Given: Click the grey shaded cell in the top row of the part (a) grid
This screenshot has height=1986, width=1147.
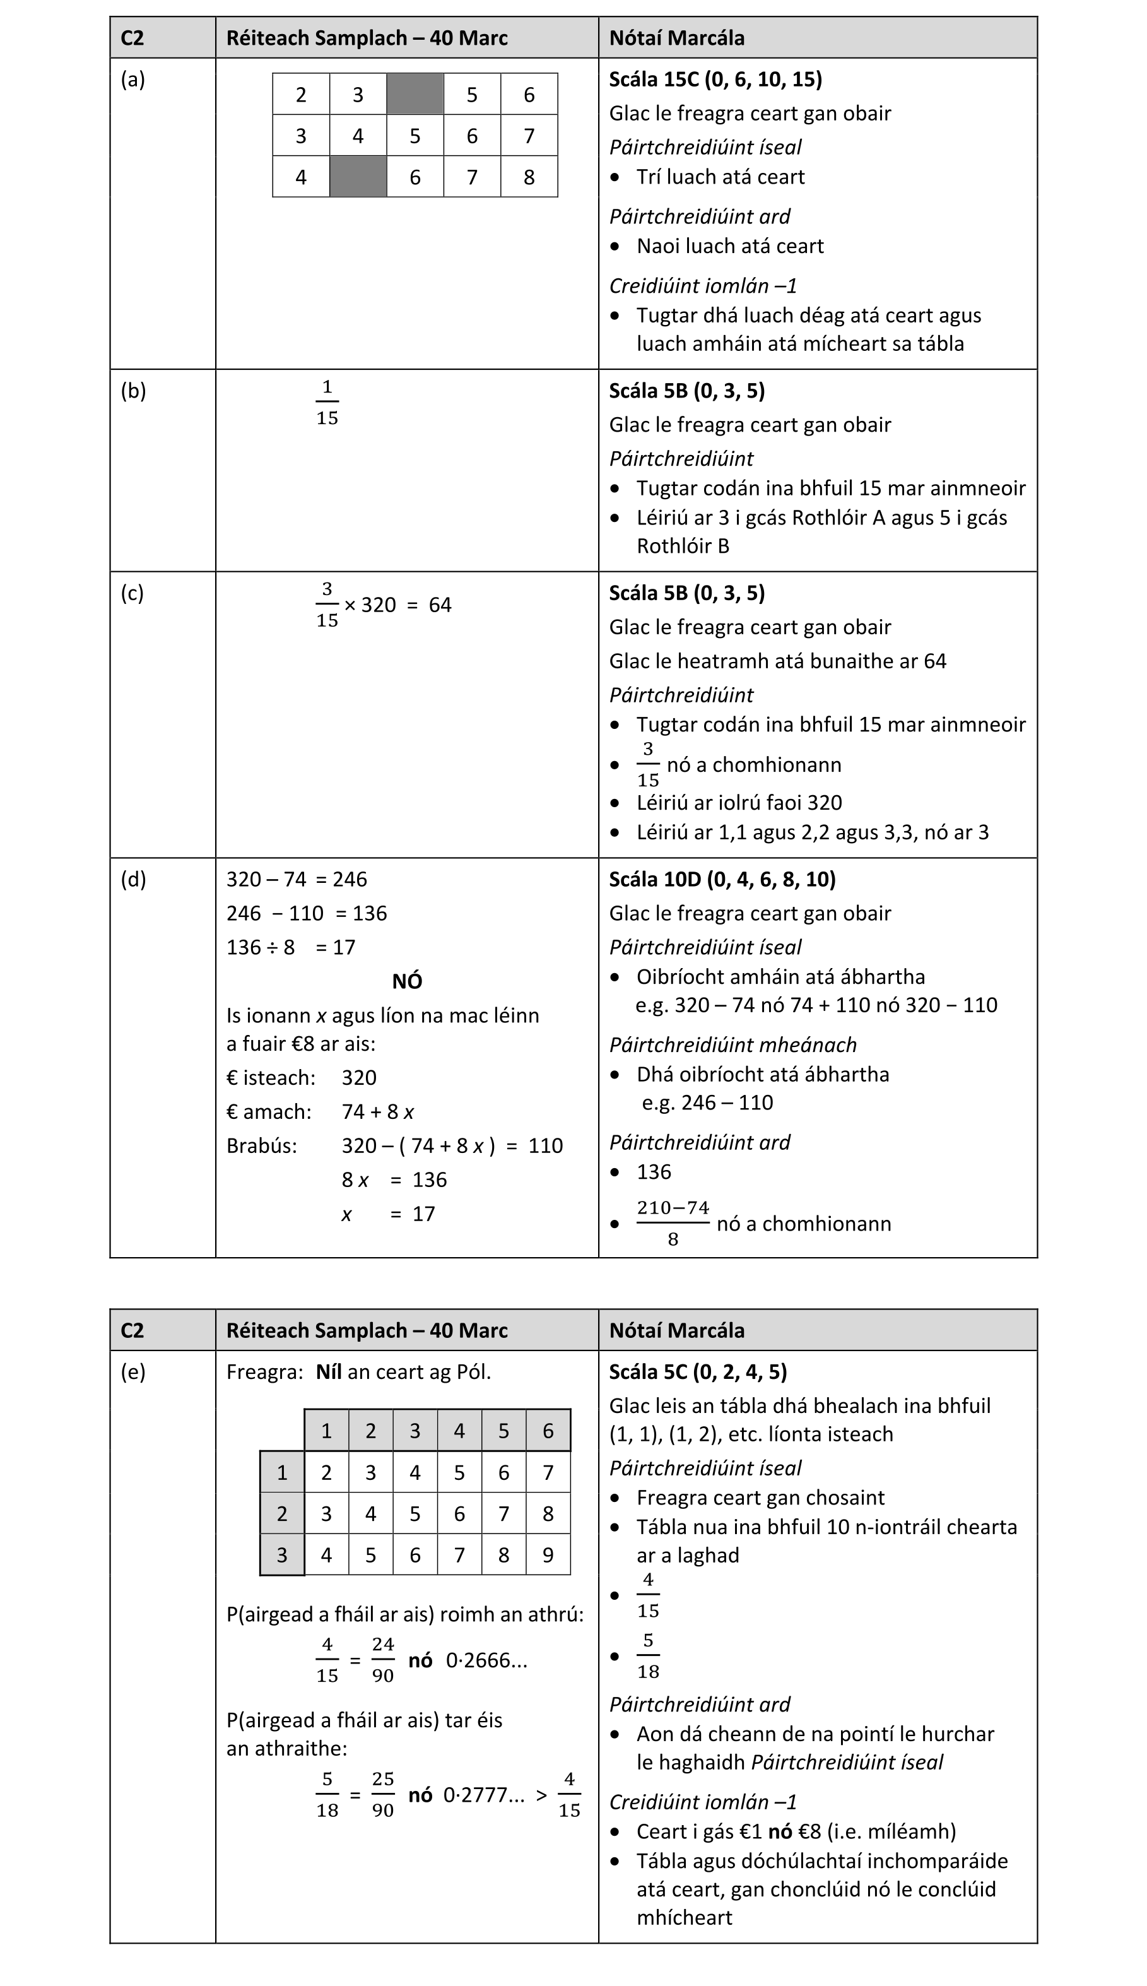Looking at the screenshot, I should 415,95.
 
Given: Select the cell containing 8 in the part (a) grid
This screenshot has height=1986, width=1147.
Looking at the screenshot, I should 529,177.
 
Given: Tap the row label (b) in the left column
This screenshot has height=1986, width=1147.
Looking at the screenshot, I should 133,391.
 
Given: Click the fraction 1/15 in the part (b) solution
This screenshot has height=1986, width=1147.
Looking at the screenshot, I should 327,403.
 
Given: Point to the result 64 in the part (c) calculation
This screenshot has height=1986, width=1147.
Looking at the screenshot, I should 440,605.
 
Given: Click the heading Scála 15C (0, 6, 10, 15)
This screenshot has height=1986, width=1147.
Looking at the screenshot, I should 715,79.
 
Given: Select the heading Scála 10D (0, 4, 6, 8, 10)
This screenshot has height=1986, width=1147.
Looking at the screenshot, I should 722,879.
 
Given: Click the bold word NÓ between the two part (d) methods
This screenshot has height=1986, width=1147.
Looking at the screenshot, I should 408,981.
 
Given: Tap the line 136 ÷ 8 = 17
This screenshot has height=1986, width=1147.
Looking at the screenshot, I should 291,947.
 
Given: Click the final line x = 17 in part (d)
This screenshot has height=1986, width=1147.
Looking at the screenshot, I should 389,1214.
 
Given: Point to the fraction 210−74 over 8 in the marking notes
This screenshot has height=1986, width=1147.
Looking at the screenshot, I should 673,1222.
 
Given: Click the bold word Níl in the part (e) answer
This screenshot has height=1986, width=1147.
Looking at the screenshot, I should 329,1371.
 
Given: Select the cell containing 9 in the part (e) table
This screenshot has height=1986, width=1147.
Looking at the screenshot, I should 548,1554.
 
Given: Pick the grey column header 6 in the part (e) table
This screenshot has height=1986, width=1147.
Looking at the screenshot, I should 548,1431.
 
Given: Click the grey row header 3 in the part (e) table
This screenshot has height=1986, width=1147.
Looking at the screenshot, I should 282,1554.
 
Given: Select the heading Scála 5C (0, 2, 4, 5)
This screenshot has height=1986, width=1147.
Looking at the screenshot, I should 698,1371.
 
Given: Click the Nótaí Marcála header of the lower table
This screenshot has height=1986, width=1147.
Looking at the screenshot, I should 677,1330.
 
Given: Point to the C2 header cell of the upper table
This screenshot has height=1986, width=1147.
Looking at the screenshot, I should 132,38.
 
